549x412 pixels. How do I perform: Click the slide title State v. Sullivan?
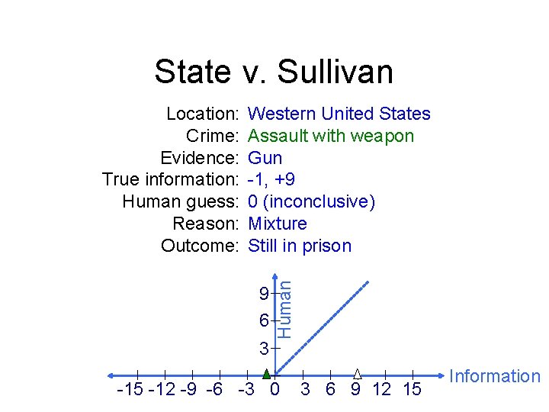(274, 72)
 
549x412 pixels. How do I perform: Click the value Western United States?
(339, 114)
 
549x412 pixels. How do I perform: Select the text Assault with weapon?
(331, 137)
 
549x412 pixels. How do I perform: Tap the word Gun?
(265, 159)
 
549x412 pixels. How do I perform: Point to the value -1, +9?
(272, 180)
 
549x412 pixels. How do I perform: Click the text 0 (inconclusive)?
(312, 202)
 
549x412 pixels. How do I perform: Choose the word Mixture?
(278, 224)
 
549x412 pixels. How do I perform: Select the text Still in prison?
(300, 246)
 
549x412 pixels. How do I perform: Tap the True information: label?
(172, 180)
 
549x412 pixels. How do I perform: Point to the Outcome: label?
(201, 246)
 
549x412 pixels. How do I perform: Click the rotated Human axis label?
(284, 307)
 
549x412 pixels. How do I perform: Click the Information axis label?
(495, 376)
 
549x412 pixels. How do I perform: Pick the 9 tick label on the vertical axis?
(263, 294)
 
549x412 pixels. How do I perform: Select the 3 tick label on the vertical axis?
(263, 349)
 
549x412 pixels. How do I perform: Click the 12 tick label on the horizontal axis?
(381, 391)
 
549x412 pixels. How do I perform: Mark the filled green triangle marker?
(267, 374)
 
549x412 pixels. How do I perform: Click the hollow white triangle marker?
(357, 373)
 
